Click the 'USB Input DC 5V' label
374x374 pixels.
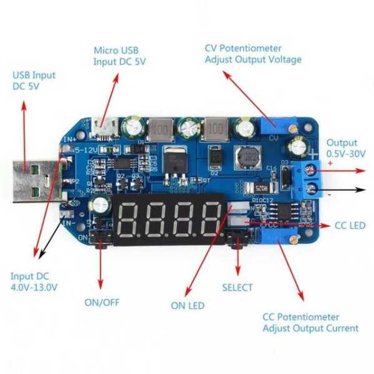coord(34,81)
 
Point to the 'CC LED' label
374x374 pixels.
coord(350,225)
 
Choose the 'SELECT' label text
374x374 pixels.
coord(237,287)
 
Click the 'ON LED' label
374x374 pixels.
coord(188,305)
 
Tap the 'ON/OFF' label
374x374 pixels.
coord(102,303)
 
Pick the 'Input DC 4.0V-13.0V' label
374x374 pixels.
coord(34,282)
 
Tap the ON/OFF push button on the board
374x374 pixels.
coord(98,237)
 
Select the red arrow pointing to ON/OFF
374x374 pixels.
coord(100,262)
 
